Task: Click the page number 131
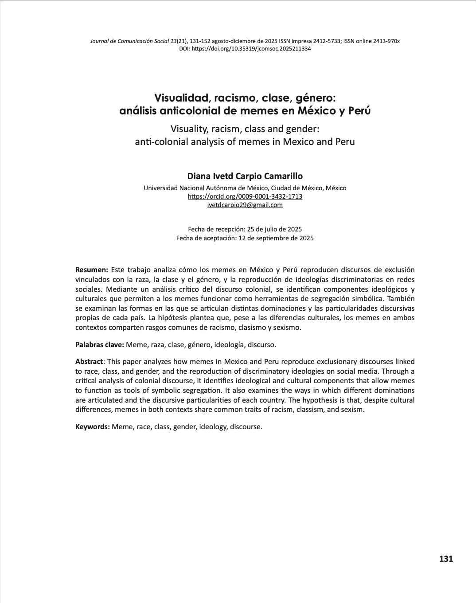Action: (x=446, y=559)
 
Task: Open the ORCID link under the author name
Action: (x=245, y=196)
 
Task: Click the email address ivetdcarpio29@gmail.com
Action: (x=245, y=205)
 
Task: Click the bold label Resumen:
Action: (x=92, y=270)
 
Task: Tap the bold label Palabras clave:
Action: (x=100, y=345)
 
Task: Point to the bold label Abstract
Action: (x=89, y=362)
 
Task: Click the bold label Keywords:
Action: (x=93, y=427)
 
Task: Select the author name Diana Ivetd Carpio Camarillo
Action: (x=245, y=176)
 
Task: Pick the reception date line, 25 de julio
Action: (x=245, y=229)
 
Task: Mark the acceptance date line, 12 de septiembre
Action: (x=245, y=238)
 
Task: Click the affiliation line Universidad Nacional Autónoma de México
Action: (x=245, y=188)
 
